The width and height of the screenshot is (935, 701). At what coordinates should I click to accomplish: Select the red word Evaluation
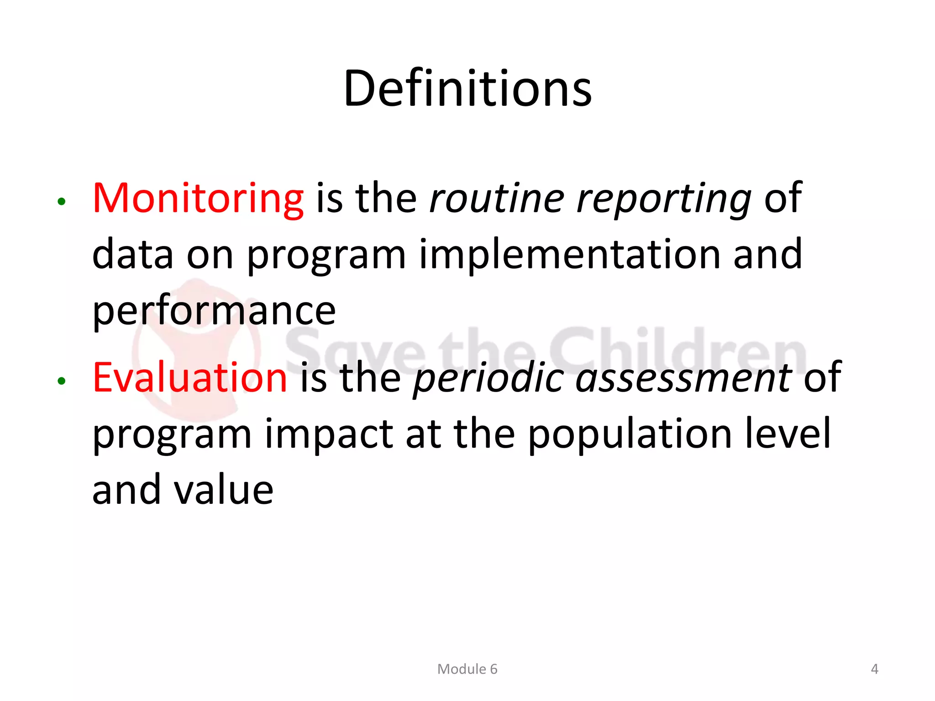click(189, 377)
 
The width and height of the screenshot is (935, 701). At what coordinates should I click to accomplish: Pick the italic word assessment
click(683, 377)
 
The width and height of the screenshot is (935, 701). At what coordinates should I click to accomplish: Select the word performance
click(214, 311)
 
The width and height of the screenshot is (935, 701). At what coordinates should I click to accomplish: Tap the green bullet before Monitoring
click(62, 201)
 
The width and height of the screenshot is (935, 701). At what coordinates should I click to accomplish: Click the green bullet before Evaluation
click(62, 381)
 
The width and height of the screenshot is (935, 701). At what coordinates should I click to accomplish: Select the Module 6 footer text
click(467, 669)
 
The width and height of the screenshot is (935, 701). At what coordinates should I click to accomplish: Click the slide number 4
click(874, 669)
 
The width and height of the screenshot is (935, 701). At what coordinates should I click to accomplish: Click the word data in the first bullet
click(132, 254)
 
